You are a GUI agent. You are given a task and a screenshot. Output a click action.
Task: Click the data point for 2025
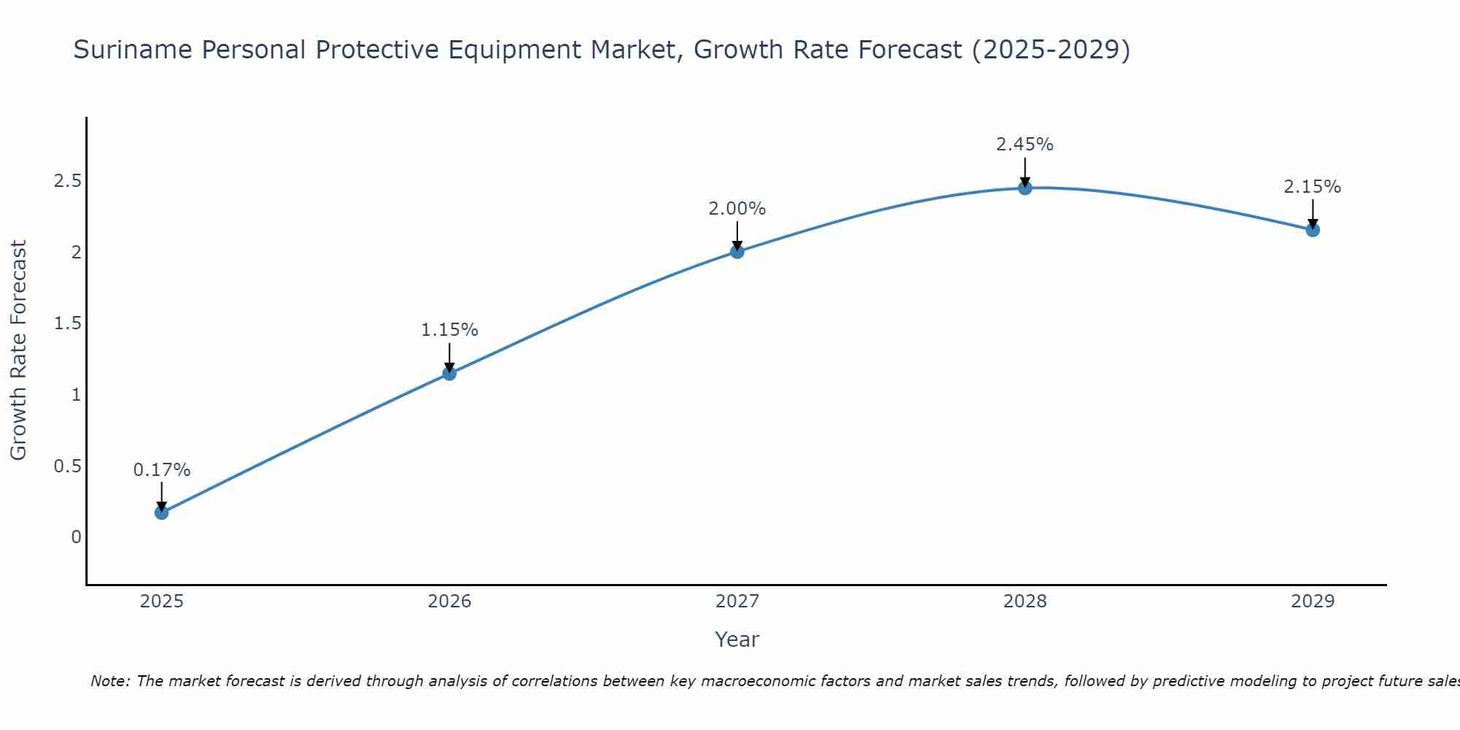click(x=161, y=512)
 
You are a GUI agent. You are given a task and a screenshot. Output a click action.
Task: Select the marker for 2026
click(x=450, y=373)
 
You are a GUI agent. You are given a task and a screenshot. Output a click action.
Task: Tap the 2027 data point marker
click(x=737, y=252)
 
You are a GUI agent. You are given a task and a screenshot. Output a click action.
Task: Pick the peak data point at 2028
click(x=1025, y=188)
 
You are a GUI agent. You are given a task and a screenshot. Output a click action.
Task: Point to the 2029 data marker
click(x=1313, y=230)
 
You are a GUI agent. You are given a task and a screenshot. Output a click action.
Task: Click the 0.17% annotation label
click(x=161, y=470)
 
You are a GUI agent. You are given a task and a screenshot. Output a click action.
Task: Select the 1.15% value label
click(x=450, y=330)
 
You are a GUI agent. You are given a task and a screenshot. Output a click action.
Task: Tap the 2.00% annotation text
click(x=737, y=209)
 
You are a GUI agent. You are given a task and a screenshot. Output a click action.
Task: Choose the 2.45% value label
click(x=1025, y=145)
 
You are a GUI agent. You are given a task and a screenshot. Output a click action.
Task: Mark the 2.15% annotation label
click(x=1313, y=187)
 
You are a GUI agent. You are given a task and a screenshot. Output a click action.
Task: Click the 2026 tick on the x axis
click(x=450, y=602)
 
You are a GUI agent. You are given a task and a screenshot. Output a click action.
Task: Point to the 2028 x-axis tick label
click(x=1025, y=602)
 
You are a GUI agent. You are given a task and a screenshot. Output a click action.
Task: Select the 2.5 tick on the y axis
click(x=67, y=181)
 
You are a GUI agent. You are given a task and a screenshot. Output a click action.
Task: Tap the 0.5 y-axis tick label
click(x=67, y=466)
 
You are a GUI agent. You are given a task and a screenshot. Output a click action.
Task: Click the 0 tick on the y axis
click(x=76, y=537)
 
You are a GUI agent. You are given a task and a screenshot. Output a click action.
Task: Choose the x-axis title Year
click(x=737, y=639)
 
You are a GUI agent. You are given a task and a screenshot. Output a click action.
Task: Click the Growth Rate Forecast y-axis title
click(x=18, y=350)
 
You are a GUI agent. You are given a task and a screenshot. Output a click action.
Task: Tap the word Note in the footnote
click(x=109, y=681)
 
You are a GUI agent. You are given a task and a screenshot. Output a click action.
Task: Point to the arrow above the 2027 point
click(x=737, y=236)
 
